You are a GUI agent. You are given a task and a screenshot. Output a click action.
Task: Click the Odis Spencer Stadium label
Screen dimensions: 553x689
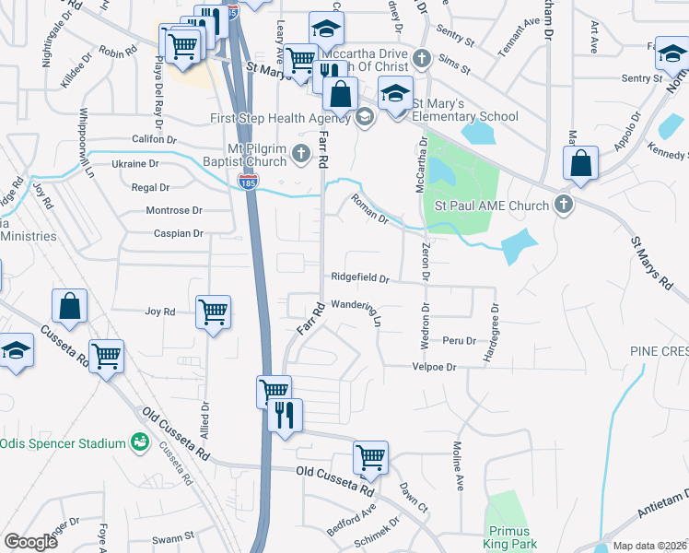(x=63, y=443)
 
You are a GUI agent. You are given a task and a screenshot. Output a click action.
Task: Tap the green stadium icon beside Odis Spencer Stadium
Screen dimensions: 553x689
(x=140, y=443)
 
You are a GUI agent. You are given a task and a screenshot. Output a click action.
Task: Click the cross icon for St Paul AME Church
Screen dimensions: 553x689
(x=564, y=206)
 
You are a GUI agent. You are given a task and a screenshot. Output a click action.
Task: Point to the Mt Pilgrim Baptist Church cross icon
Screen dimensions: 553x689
(x=300, y=153)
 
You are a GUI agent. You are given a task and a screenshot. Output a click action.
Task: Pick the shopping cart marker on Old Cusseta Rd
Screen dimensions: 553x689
(x=370, y=456)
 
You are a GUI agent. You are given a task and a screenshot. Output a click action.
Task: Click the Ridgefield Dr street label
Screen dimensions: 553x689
(x=360, y=277)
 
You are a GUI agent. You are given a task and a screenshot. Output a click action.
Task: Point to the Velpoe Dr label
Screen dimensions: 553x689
(x=433, y=367)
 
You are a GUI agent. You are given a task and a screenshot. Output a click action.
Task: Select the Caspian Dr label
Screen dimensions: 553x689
(x=180, y=234)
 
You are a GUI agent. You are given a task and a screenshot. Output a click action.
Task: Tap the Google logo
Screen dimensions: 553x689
(x=31, y=542)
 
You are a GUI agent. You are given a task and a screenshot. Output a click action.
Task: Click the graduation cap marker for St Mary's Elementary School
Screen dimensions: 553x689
(x=396, y=95)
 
